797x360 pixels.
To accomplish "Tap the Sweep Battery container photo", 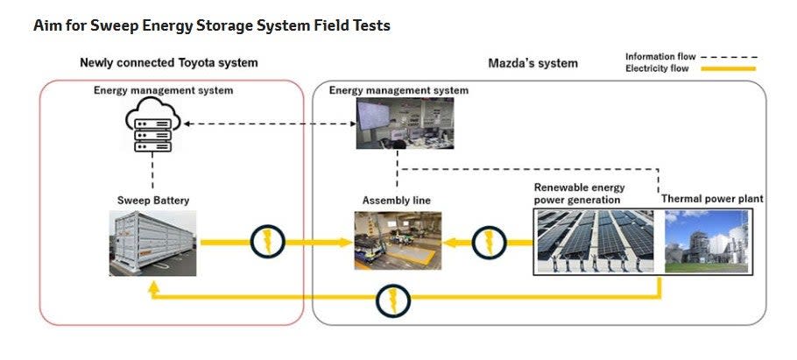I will (153, 244).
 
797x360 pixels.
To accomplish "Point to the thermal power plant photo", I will (706, 240).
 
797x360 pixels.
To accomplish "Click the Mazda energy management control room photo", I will (398, 124).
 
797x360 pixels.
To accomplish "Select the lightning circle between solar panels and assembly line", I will (488, 241).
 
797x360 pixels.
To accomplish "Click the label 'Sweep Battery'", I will (153, 201).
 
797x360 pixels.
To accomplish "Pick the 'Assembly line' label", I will (396, 201).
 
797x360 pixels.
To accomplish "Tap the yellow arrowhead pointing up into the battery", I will (153, 286).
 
